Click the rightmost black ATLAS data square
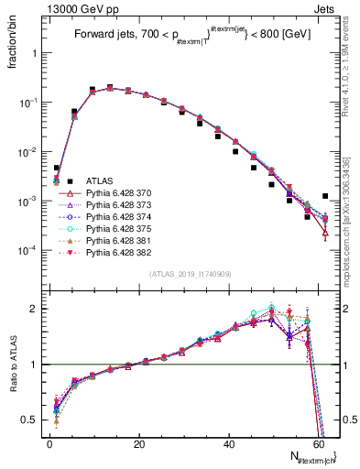[326, 196]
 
